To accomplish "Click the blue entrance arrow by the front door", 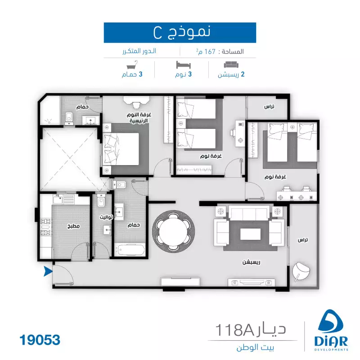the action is (48, 271).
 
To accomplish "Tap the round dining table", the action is (174, 231).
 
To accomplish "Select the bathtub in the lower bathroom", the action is (130, 250).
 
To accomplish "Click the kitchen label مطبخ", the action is (73, 226).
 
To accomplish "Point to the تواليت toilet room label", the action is (106, 217).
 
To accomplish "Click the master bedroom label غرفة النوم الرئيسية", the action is (139, 118).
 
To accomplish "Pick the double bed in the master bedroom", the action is (121, 149).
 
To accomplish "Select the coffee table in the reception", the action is (251, 234).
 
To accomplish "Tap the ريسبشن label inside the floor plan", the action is (252, 262).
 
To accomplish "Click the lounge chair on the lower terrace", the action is (301, 271).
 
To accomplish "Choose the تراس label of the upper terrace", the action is (269, 107).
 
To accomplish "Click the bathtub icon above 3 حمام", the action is (132, 65).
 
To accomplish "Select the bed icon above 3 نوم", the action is (184, 65).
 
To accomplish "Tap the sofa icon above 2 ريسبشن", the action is (231, 65).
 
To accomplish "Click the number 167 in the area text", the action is (210, 51).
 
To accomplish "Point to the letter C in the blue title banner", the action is (158, 33).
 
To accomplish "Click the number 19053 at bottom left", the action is (40, 340).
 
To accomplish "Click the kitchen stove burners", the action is (45, 227).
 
